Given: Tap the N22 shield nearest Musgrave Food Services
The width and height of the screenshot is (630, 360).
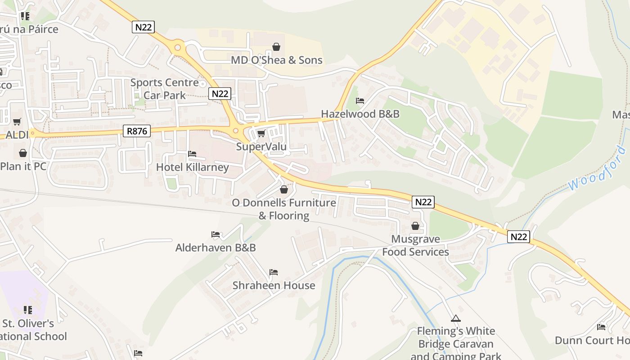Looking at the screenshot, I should [423, 202].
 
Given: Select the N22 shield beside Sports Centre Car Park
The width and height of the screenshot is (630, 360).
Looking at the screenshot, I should [220, 94].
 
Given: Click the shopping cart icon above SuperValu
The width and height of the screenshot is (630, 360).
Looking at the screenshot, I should [261, 134].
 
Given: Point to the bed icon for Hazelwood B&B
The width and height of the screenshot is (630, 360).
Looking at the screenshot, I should [360, 101].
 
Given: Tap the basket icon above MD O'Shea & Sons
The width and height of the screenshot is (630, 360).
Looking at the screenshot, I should [276, 47].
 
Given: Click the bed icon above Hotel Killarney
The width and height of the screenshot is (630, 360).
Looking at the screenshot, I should [192, 154].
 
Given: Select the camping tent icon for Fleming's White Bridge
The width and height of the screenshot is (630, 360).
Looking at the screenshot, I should [456, 318].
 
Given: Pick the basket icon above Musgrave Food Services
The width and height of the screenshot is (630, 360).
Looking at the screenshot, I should [415, 226].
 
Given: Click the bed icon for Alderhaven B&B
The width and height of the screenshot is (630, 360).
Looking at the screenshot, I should [216, 234].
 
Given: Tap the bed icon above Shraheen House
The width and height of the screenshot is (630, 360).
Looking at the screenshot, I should [273, 272].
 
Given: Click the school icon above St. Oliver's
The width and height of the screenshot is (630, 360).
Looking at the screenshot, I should [27, 310].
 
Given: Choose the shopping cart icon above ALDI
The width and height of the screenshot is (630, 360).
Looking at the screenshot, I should [17, 121].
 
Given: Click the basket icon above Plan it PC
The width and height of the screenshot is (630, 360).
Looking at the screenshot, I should [23, 153].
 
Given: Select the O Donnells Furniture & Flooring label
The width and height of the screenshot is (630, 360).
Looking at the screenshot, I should [284, 209].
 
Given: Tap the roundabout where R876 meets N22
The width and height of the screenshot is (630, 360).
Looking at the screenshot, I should [235, 131].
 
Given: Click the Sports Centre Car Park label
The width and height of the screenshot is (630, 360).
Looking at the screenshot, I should [164, 89].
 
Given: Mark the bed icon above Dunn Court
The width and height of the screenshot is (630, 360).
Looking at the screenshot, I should [601, 327].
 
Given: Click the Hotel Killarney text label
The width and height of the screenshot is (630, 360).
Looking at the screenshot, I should [192, 167].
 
